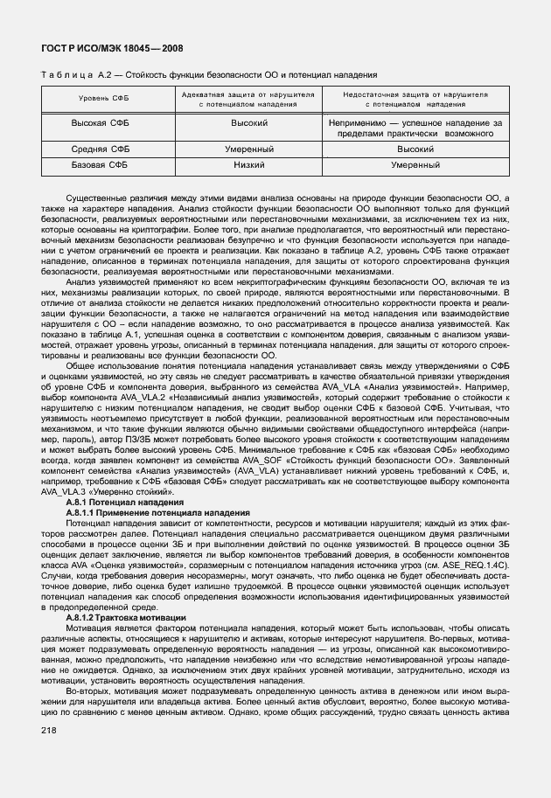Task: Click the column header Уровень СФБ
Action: tap(100, 98)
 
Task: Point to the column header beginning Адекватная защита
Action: tap(248, 98)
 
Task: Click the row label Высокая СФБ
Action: tap(100, 123)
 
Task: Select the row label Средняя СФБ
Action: tap(100, 149)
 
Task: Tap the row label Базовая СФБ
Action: tap(100, 163)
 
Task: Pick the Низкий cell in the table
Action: tap(248, 163)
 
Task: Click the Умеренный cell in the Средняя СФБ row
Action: tap(248, 149)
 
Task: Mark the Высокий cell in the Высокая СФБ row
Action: tap(248, 123)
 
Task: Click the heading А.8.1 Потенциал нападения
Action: tap(125, 503)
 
